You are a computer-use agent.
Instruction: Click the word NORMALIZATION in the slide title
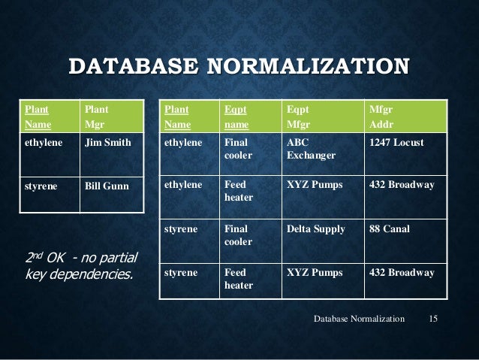click(307, 65)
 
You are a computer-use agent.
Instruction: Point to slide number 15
click(432, 321)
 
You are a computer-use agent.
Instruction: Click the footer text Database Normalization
click(357, 321)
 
